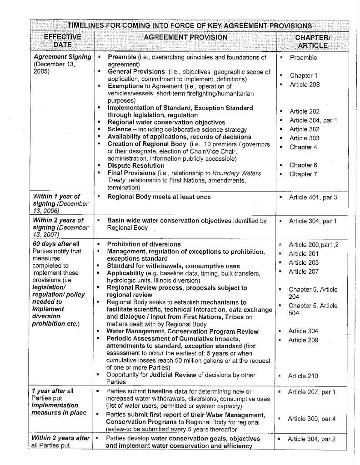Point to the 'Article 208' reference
click(x=305, y=85)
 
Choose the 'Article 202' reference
click(x=305, y=111)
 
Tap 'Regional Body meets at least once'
click(x=159, y=197)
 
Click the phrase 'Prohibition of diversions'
click(x=144, y=244)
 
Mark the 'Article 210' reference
click(x=304, y=376)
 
